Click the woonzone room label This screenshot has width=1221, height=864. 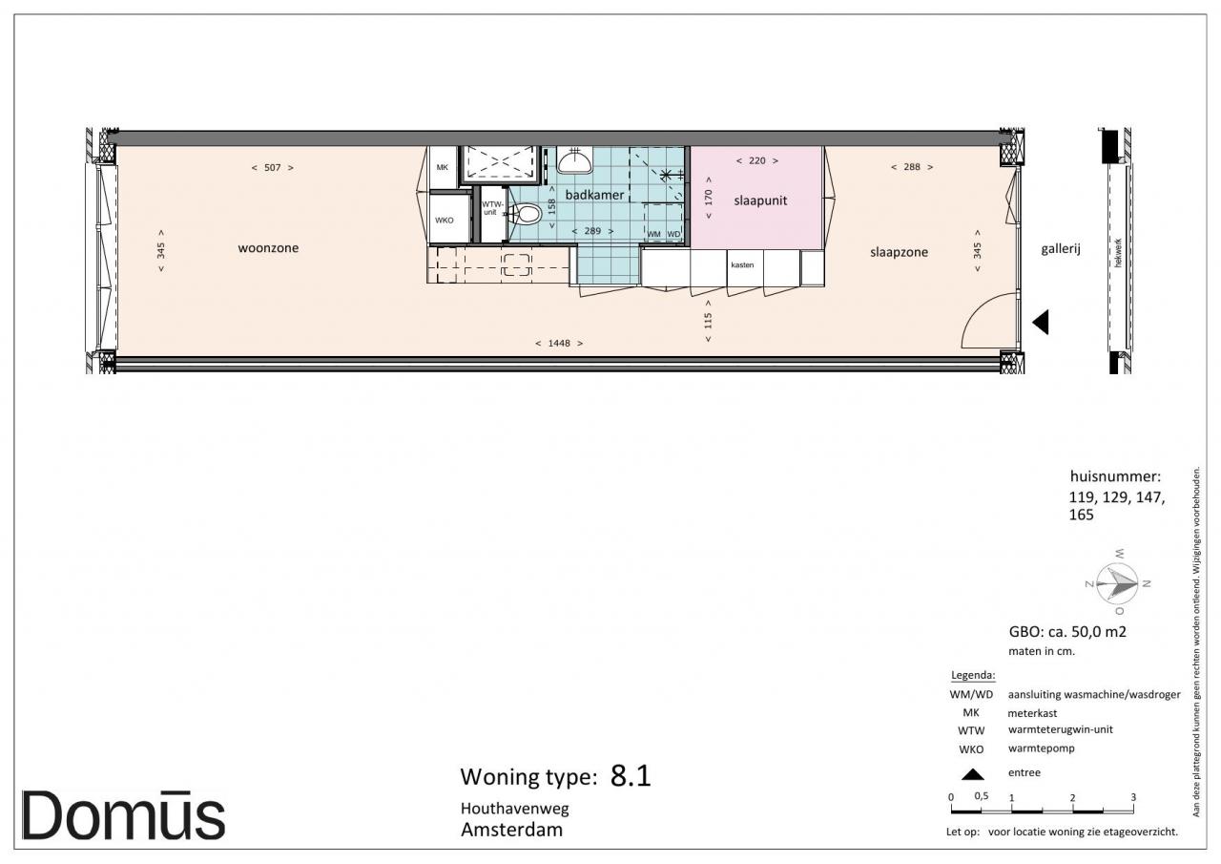(268, 248)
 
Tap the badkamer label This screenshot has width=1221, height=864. (594, 195)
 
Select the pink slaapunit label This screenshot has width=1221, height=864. (760, 200)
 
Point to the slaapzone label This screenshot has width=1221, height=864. (899, 252)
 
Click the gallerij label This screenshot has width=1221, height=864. (1060, 249)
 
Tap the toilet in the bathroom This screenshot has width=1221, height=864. (525, 213)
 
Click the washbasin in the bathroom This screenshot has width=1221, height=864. (574, 160)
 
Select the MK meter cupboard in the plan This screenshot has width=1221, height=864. (442, 167)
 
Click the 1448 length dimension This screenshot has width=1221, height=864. (559, 343)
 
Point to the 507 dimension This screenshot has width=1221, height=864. (273, 167)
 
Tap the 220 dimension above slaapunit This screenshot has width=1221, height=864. (757, 161)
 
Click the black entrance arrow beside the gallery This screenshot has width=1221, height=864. (1041, 322)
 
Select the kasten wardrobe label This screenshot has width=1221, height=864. (742, 265)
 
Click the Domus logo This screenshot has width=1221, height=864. (123, 815)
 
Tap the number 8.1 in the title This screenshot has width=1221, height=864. (631, 775)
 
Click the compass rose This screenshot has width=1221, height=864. (1117, 583)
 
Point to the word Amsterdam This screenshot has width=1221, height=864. (511, 830)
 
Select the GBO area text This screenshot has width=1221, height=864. (1067, 632)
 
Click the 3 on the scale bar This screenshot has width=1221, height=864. (1133, 797)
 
